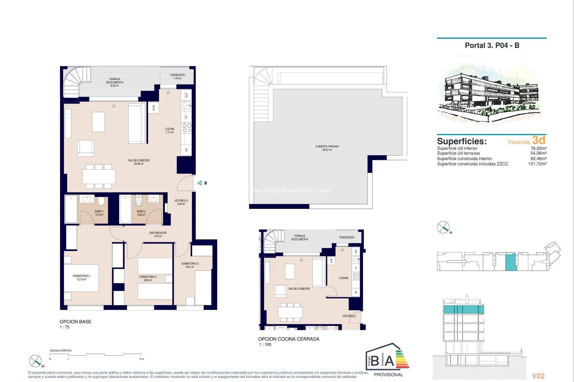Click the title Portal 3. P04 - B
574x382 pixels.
coord(492,46)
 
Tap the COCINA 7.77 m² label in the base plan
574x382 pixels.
coord(170,131)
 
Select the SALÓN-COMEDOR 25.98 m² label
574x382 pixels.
coord(139,162)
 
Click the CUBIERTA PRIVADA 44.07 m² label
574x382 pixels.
coord(327,148)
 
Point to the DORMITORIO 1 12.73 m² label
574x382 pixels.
coord(81,278)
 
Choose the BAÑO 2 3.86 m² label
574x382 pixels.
coord(141,213)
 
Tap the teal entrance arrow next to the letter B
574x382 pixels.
coord(199,183)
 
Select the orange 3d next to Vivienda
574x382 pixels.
coord(539,140)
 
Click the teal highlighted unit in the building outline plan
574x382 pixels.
coord(511,262)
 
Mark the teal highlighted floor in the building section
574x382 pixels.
coord(463,309)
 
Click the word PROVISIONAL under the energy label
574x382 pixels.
coord(388,375)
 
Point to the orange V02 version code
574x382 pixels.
coord(538,376)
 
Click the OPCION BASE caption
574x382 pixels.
coord(75,322)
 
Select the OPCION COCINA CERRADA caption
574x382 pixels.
coord(288,339)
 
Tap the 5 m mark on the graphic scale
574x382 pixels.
coord(142,359)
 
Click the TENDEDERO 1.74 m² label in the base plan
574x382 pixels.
coord(177,77)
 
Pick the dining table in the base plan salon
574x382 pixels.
coord(99,176)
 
